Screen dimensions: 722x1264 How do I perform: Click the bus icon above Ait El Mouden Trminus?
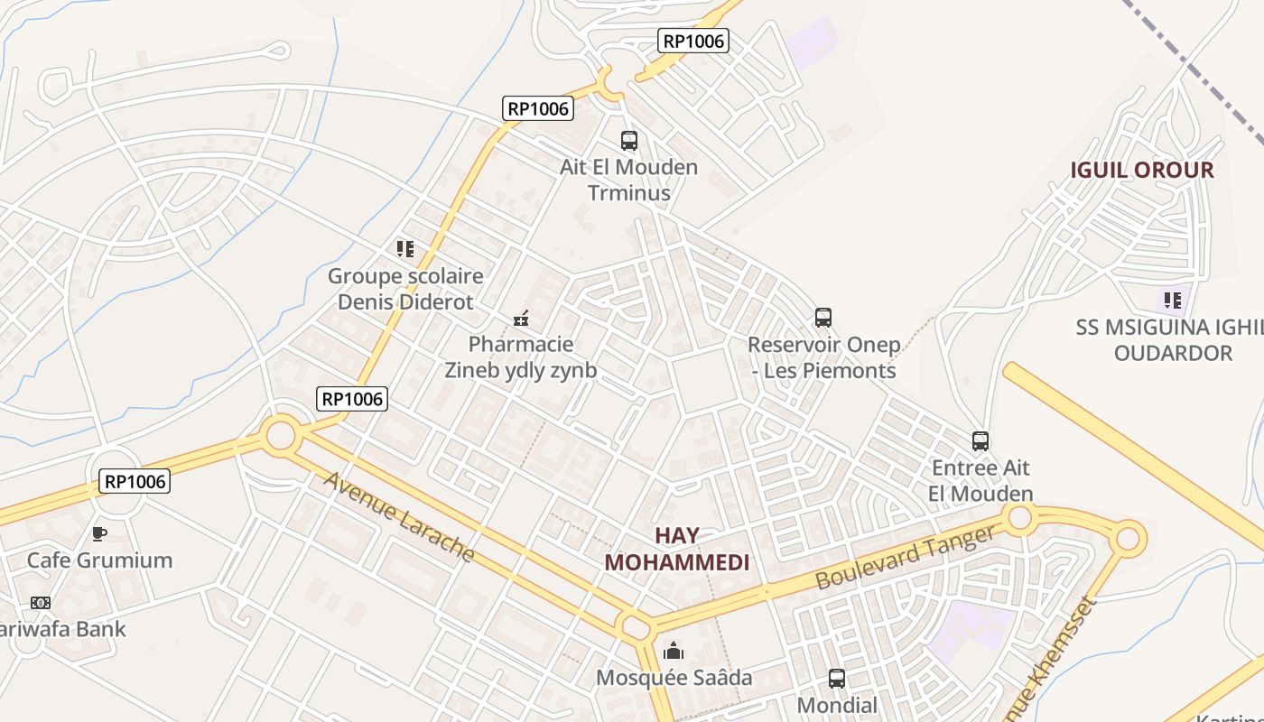[x=629, y=141]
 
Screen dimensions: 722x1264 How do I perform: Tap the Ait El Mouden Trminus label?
[x=629, y=180]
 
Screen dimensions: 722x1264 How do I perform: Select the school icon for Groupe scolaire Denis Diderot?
[x=405, y=248]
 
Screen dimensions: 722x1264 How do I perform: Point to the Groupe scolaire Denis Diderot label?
[x=405, y=289]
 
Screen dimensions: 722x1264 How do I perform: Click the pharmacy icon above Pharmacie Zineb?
[x=521, y=318]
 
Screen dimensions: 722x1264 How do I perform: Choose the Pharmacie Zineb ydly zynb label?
[x=521, y=357]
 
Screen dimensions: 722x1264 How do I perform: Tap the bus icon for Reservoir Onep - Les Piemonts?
[x=823, y=318]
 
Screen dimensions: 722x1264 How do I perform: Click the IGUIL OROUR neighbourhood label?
[x=1142, y=171]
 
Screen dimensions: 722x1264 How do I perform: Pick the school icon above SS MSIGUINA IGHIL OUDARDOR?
[x=1173, y=300]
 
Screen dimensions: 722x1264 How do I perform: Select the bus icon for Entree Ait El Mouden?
[x=981, y=441]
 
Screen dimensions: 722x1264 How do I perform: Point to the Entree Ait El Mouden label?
[x=981, y=481]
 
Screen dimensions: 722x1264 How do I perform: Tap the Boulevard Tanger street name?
[x=905, y=558]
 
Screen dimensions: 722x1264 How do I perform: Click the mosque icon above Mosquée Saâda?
[x=674, y=651]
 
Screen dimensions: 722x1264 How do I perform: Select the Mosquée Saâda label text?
[x=674, y=678]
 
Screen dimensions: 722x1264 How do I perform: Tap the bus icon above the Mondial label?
[x=837, y=679]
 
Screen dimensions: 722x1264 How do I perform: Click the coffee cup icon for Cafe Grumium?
[x=99, y=533]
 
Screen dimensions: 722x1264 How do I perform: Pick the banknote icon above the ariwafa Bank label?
[x=41, y=603]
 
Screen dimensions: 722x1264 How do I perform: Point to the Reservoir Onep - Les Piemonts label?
[x=824, y=357]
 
